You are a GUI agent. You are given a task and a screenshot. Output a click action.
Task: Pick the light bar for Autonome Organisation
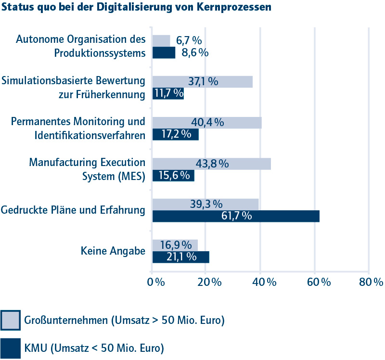point(161,41)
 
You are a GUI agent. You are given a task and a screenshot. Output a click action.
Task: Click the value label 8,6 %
point(195,52)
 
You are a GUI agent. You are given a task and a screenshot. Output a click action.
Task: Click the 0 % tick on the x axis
point(157,283)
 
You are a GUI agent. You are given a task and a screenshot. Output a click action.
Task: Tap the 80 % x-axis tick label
point(371,283)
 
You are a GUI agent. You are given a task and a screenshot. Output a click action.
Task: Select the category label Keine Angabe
point(113,251)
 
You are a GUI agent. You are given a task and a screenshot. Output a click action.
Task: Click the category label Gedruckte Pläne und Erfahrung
point(73,210)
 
